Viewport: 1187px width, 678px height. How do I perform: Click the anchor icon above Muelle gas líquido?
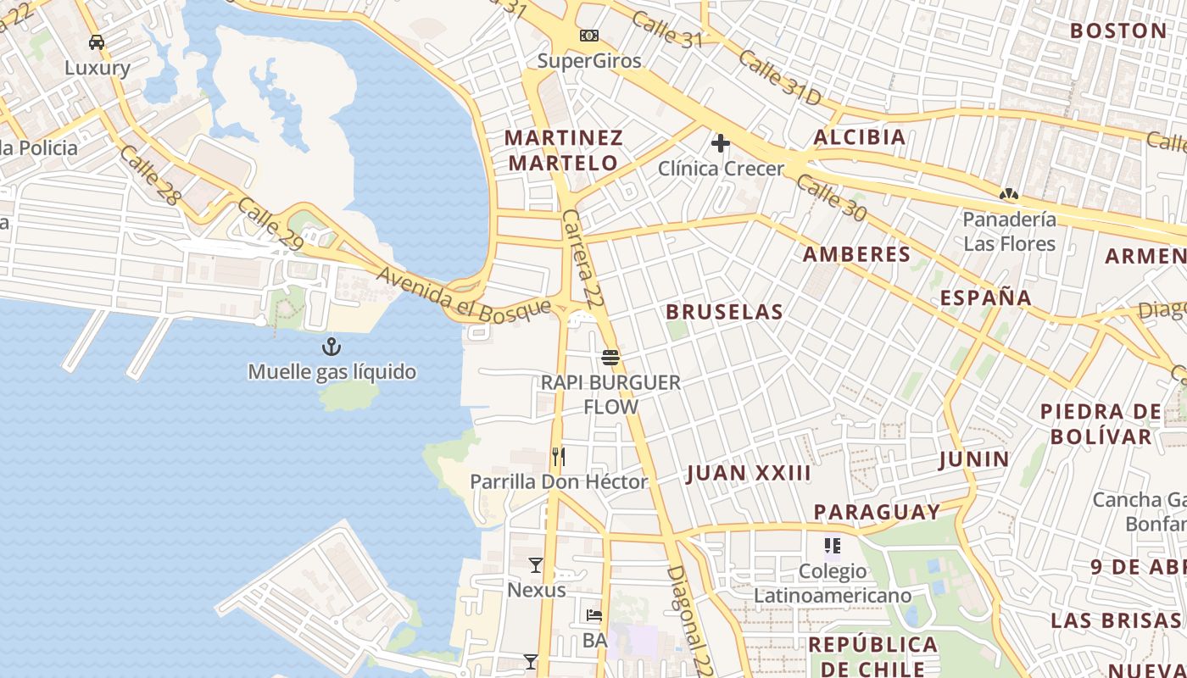331,346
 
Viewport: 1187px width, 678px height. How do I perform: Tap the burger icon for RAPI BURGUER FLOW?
610,357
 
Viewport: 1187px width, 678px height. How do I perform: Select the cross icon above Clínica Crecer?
721,143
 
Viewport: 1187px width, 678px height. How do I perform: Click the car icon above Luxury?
97,42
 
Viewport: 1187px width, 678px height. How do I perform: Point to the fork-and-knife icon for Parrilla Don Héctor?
558,457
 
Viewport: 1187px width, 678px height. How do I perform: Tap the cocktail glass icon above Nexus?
536,565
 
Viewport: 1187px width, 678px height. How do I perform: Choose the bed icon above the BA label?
594,615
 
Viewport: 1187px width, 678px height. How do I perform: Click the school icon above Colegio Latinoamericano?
833,546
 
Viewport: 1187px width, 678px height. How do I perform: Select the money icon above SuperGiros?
589,36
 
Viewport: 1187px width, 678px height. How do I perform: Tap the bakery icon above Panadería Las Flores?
1009,194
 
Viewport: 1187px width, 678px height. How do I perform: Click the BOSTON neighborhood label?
1118,31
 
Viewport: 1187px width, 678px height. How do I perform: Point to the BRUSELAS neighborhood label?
724,312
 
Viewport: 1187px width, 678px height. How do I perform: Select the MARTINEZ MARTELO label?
564,150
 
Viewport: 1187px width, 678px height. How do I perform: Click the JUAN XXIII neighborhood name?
749,473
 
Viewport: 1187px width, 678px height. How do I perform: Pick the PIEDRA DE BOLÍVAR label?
1101,424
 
